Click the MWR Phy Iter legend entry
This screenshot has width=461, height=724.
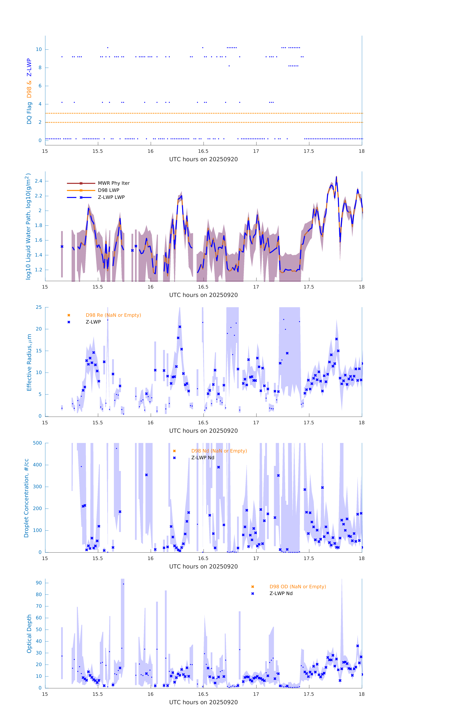pos(114,183)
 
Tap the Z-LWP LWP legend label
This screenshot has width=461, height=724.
pos(111,197)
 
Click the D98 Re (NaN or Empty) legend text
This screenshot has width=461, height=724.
pos(113,315)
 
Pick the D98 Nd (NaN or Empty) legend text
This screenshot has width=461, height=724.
pos(219,451)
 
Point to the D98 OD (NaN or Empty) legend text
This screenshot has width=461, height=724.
pos(297,587)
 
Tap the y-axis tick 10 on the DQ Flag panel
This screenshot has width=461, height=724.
pos(39,49)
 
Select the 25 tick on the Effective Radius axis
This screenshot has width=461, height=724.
pos(39,307)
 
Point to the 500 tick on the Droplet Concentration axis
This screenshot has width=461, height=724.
pos(37,443)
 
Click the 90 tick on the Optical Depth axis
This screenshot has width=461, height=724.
pos(39,583)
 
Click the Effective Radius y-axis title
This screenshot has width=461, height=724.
pos(29,362)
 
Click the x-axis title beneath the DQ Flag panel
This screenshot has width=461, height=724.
pos(203,159)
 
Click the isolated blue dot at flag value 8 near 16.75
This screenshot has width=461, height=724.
pos(229,66)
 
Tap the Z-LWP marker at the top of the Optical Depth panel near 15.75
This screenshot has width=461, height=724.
pos(123,584)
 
